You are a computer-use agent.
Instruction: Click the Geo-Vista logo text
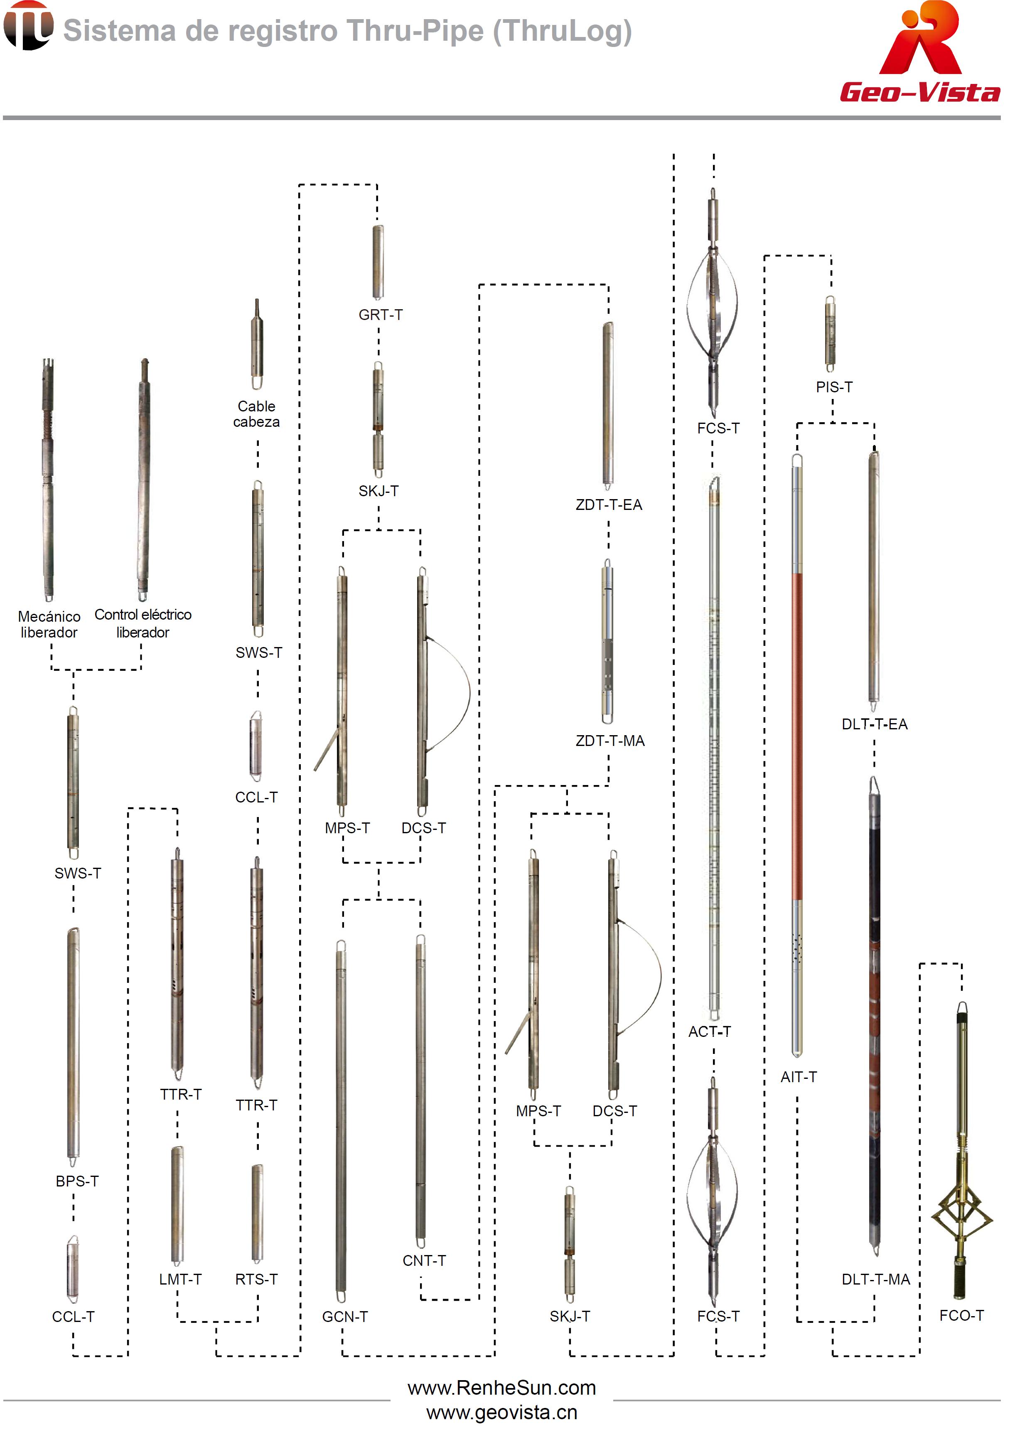point(920,93)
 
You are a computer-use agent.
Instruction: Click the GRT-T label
point(381,315)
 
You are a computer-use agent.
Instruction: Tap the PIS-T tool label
point(834,387)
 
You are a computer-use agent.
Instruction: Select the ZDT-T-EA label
point(608,505)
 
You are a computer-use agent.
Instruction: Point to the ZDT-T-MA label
point(609,741)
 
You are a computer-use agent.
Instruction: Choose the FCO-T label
point(961,1315)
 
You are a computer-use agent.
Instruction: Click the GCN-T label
point(345,1317)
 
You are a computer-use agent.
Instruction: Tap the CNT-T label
point(424,1260)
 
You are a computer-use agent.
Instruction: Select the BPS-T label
point(77,1181)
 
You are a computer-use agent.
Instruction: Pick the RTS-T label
point(256,1279)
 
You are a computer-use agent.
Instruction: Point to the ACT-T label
point(710,1031)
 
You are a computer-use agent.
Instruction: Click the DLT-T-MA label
point(875,1279)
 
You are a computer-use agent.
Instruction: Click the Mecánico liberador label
point(49,624)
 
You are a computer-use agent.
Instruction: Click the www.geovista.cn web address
point(502,1413)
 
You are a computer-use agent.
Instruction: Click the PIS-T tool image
point(830,334)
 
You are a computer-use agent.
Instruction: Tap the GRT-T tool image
point(378,262)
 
